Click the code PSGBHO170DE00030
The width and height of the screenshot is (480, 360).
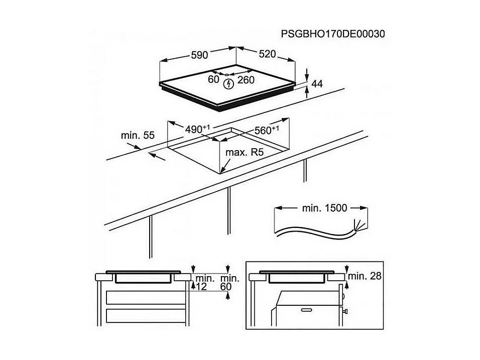pyautogui.click(x=333, y=34)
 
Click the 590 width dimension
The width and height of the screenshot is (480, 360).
pyautogui.click(x=199, y=55)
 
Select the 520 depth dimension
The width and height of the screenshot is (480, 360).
pyautogui.click(x=267, y=54)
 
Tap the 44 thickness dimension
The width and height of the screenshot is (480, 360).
pyautogui.click(x=317, y=84)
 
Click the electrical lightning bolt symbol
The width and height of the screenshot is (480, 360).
pyautogui.click(x=228, y=83)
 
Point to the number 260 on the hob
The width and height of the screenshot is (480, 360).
pyautogui.click(x=246, y=79)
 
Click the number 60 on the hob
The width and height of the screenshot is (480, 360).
pyautogui.click(x=213, y=79)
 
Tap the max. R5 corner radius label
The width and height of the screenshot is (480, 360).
pyautogui.click(x=245, y=152)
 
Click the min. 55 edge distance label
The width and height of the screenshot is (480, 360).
pyautogui.click(x=138, y=135)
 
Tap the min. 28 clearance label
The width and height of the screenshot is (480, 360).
pyautogui.click(x=365, y=275)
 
